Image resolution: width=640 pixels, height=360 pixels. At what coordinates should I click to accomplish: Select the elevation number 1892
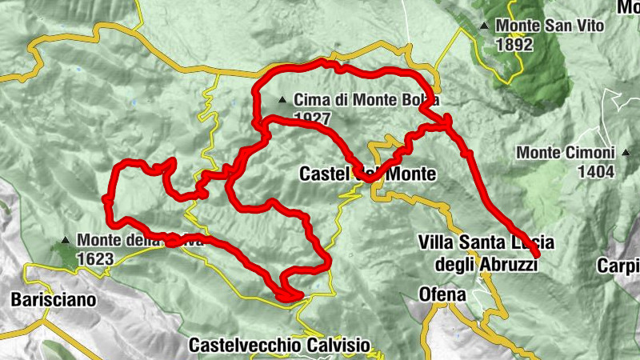pyautogui.click(x=514, y=45)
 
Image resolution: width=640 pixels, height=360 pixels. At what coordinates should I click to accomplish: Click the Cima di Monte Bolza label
pyautogui.click(x=367, y=101)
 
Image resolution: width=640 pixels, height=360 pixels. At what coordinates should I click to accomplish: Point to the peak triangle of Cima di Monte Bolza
pyautogui.click(x=282, y=101)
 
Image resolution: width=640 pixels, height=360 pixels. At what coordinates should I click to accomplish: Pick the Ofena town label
pyautogui.click(x=442, y=294)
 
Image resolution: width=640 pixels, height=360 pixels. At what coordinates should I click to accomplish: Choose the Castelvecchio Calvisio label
pyautogui.click(x=280, y=346)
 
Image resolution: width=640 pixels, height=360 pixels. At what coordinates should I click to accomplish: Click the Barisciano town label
pyautogui.click(x=53, y=301)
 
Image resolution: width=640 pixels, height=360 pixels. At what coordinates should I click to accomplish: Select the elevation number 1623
pyautogui.click(x=96, y=258)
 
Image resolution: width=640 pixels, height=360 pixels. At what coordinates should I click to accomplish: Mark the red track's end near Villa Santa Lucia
pyautogui.click(x=535, y=255)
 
